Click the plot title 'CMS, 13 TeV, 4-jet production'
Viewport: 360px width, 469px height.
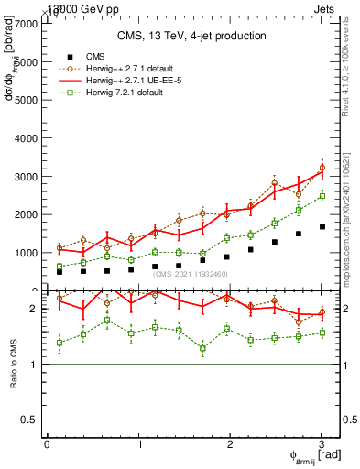pyautogui.click(x=191, y=36)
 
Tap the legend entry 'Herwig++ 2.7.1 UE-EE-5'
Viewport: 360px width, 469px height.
pyautogui.click(x=134, y=82)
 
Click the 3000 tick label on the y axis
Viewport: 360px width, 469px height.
pyautogui.click(x=26, y=176)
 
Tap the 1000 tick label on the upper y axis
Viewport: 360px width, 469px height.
pyautogui.click(x=26, y=253)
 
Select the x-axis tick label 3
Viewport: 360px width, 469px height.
pyautogui.click(x=322, y=444)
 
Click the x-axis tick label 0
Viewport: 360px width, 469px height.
pyautogui.click(x=47, y=444)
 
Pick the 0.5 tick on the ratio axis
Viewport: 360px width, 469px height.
pyautogui.click(x=31, y=420)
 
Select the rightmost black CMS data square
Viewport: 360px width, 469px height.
pyautogui.click(x=322, y=226)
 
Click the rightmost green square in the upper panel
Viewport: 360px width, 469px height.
pyautogui.click(x=322, y=196)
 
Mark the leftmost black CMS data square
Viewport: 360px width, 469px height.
pyautogui.click(x=60, y=272)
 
